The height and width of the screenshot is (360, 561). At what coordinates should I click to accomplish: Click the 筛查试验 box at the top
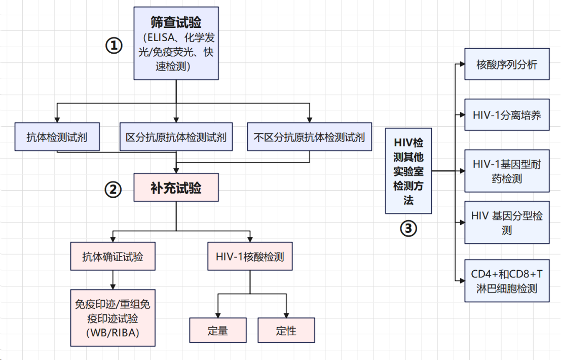click(x=176, y=43)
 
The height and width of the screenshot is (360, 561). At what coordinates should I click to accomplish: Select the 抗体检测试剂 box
click(x=57, y=137)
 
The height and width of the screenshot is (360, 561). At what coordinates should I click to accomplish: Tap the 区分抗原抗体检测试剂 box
click(x=176, y=137)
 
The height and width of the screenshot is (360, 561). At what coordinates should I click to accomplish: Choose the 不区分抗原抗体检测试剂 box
click(x=310, y=137)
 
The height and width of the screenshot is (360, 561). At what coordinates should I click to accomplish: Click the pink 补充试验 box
click(x=176, y=188)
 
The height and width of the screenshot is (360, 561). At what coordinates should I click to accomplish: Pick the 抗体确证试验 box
click(x=113, y=256)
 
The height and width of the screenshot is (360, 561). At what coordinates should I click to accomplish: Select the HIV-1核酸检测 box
click(x=250, y=256)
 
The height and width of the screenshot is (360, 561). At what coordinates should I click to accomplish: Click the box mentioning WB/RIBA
click(x=113, y=318)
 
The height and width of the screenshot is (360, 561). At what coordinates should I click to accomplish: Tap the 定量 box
click(x=218, y=330)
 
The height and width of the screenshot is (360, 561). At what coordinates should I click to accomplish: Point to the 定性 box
click(x=286, y=330)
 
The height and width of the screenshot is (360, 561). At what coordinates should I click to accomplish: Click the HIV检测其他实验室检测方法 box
click(x=408, y=171)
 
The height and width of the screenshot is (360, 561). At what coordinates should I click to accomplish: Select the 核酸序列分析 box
click(x=507, y=64)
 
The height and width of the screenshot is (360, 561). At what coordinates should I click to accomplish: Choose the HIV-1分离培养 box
click(x=507, y=115)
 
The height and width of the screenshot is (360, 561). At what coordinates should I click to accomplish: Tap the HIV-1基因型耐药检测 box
click(x=507, y=171)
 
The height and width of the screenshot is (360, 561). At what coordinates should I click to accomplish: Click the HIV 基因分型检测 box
click(x=507, y=223)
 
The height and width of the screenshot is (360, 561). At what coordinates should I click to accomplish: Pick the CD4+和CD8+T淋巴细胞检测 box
click(x=507, y=281)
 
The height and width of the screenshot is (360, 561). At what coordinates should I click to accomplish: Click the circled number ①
click(x=114, y=46)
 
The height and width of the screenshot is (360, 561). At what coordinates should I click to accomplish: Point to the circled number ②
click(x=113, y=189)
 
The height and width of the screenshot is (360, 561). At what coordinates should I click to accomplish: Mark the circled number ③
click(x=408, y=229)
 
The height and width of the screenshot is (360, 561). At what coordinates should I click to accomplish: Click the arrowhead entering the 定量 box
click(x=218, y=315)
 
